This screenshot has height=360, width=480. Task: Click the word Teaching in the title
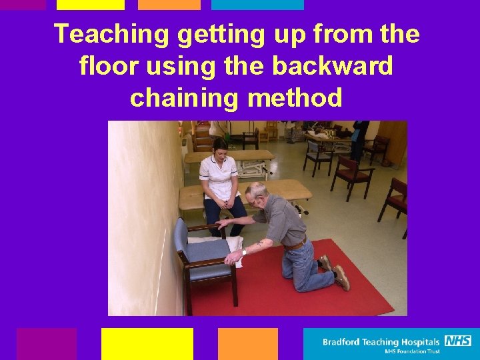(x=111, y=35)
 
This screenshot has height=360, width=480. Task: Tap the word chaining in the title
(x=184, y=98)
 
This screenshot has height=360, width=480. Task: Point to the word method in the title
(x=295, y=98)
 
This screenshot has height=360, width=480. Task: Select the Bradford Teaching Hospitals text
(x=381, y=342)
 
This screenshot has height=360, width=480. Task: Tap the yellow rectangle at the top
(x=90, y=5)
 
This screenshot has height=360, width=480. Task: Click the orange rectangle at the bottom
(x=247, y=343)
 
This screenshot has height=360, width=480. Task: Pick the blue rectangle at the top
(x=257, y=5)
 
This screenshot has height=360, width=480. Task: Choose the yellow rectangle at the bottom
(x=147, y=343)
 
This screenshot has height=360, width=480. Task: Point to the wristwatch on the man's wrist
(x=245, y=252)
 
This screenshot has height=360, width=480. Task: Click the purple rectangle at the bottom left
(x=46, y=343)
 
